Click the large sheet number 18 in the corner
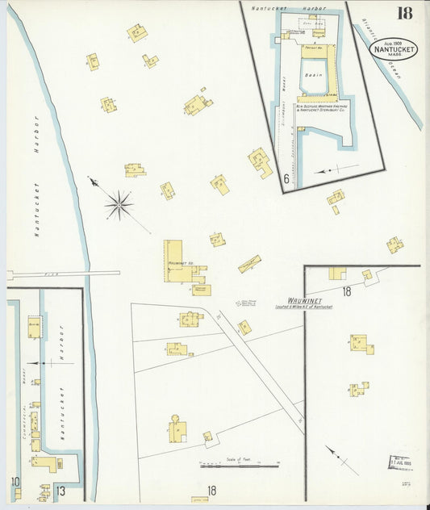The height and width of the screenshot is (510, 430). pos(403,14)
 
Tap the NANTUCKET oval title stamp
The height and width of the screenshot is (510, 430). pos(394,49)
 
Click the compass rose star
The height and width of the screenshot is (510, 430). pos(119,205)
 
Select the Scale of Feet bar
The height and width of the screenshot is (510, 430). pos(239,465)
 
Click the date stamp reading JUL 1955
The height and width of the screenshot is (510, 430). pos(399,461)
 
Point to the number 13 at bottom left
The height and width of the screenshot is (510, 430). pos(60,490)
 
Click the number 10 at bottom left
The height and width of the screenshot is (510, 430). pos(15,483)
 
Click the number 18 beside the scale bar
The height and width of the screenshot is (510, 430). pos(211,490)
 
